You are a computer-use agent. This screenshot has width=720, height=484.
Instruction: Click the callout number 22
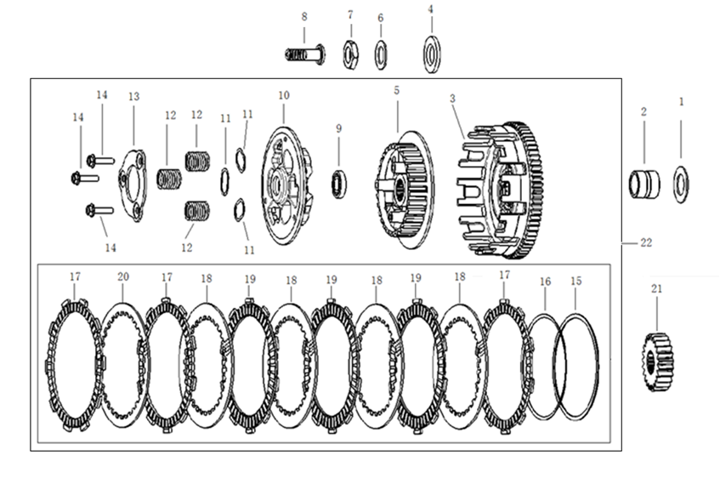tap(645, 242)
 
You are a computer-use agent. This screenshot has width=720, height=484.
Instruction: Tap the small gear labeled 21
tap(657, 362)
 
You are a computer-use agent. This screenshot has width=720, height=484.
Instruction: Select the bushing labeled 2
tap(644, 185)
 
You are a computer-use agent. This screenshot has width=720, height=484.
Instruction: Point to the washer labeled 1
tap(681, 185)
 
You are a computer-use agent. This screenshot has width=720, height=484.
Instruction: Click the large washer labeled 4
tap(432, 54)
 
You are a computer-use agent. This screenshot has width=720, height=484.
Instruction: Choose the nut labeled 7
tap(351, 54)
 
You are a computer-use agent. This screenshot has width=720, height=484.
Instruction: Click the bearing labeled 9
tap(339, 184)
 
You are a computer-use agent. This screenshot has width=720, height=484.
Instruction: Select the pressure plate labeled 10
tap(286, 185)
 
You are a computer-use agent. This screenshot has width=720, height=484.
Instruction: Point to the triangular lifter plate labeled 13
tap(133, 185)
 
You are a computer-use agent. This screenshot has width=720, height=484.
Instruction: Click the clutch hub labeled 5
tap(404, 189)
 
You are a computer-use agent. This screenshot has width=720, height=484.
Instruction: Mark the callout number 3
tap(452, 99)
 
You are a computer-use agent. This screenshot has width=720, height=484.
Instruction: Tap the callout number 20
tap(123, 277)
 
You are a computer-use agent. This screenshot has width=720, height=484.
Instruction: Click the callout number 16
tap(545, 282)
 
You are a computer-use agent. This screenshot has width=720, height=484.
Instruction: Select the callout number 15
tap(575, 281)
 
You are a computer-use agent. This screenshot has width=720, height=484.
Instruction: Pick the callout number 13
tap(133, 96)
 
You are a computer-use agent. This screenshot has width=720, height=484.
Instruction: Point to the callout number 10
tap(284, 95)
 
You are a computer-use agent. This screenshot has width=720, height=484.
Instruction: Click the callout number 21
tap(656, 288)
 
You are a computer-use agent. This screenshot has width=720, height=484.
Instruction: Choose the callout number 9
tap(339, 128)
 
